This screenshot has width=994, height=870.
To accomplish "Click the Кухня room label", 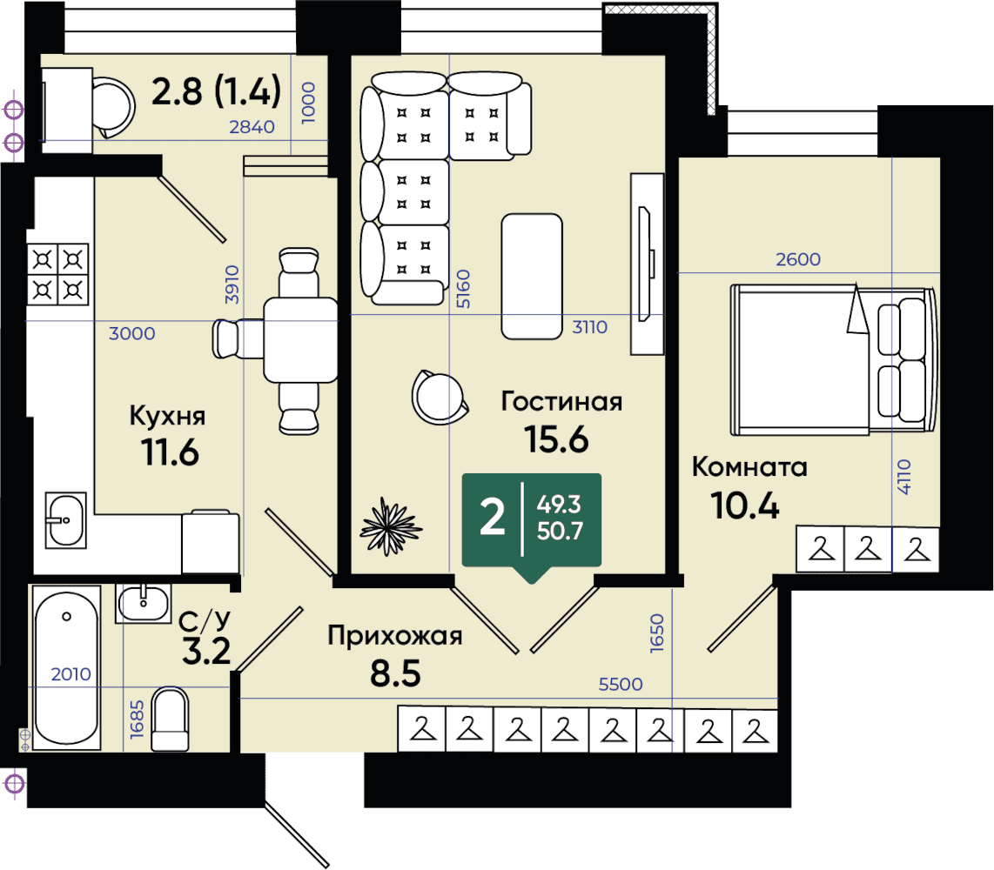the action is point(167,416).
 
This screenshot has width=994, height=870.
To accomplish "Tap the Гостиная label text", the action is point(561,401).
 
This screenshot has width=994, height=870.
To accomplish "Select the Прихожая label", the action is point(395,635).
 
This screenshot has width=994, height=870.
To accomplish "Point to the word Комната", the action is point(749,467).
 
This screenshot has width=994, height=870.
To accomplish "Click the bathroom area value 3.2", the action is point(206,651).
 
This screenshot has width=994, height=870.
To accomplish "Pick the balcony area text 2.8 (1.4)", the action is point(216,90).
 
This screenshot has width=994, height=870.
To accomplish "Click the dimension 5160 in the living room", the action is point(464,289).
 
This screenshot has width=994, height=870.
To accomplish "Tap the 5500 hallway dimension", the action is point(621,684).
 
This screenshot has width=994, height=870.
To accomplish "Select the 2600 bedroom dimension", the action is point(798,259).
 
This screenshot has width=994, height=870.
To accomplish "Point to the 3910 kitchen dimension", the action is point(232,284).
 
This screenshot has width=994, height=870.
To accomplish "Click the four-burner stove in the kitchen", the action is point(57,274).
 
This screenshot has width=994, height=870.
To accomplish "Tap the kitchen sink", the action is point(66,520).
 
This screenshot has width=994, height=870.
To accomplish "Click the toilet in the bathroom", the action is point(170,719).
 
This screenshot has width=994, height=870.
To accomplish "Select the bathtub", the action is point(66,668).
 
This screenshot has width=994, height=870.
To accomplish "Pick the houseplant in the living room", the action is point(391,526).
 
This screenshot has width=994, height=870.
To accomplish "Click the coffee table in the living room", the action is point(532,277).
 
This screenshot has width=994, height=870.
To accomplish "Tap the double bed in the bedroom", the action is point(833,360).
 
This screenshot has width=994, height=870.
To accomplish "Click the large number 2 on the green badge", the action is point(493,517).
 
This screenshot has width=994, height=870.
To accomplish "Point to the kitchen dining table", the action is point(300,340).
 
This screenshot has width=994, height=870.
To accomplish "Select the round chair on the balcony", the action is point(114,107).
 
